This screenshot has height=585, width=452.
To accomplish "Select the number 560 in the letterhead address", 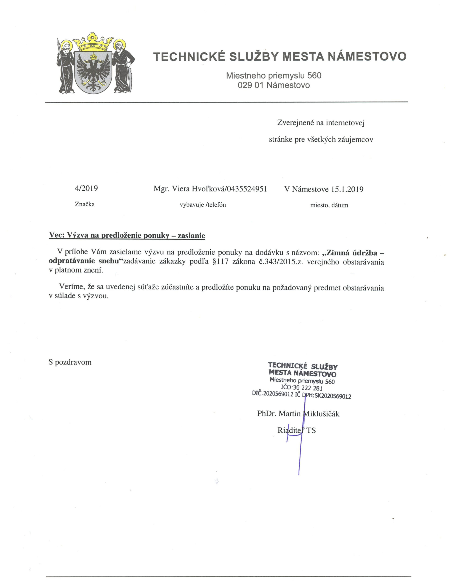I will pyautogui.click(x=314, y=76).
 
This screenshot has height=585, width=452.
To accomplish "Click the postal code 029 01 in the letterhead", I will pyautogui.click(x=251, y=85).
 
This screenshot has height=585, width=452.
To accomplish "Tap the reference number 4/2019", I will pyautogui.click(x=86, y=188).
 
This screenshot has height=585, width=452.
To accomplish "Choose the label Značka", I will pyautogui.click(x=85, y=204).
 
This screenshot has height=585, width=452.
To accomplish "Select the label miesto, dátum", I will pyautogui.click(x=329, y=205).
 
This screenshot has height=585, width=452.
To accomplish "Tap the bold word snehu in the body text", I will pyautogui.click(x=108, y=261).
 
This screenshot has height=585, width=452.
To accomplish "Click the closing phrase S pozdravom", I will pyautogui.click(x=70, y=362).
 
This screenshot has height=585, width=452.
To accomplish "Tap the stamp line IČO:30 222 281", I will pyautogui.click(x=301, y=388).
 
